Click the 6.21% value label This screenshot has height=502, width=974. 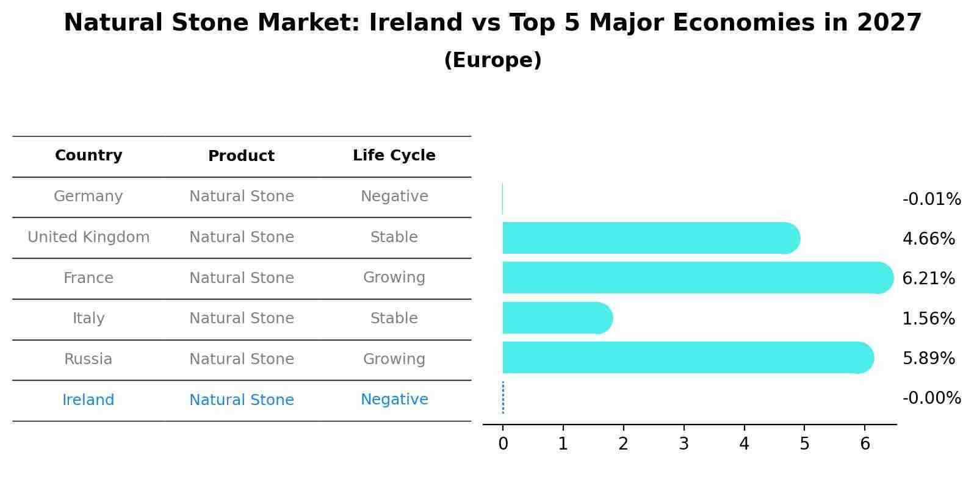click(x=928, y=279)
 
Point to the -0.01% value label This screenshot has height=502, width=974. click(x=931, y=199)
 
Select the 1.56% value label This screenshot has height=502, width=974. click(x=928, y=318)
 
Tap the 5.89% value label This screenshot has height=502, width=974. click(x=928, y=358)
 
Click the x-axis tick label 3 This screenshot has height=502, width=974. click(x=684, y=444)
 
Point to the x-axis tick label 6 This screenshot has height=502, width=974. click(x=865, y=444)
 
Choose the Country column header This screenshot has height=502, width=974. click(x=88, y=156)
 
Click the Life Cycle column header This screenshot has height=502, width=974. click(x=394, y=156)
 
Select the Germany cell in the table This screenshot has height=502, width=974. click(x=88, y=196)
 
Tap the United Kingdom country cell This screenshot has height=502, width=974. click(x=88, y=237)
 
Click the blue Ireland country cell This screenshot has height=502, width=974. click(x=88, y=400)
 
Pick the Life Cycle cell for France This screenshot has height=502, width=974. click(x=394, y=278)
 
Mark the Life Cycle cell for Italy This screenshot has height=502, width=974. click(x=394, y=318)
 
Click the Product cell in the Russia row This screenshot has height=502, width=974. click(x=242, y=359)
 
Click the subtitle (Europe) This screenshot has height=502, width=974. click(x=492, y=60)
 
